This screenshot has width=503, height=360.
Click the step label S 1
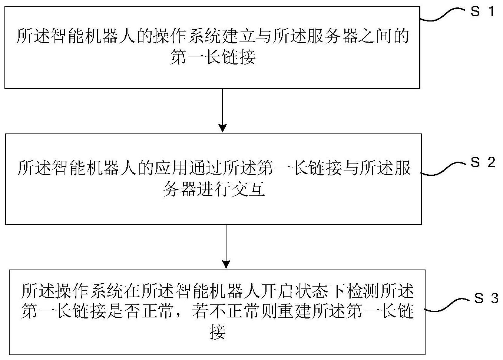pos(482,11)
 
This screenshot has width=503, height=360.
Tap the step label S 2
pos(483,162)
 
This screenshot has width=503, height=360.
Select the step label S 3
pos(486,298)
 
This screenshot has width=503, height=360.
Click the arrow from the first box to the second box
pos(222,110)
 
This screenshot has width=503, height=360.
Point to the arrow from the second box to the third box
pos(226,246)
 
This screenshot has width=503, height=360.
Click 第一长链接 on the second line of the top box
pos(213,57)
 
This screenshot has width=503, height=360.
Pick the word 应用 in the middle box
pos(171,168)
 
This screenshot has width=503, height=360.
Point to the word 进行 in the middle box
pos(214,189)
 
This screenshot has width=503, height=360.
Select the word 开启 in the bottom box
pos(277,291)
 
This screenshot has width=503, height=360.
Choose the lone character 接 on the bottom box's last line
pos(217,332)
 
